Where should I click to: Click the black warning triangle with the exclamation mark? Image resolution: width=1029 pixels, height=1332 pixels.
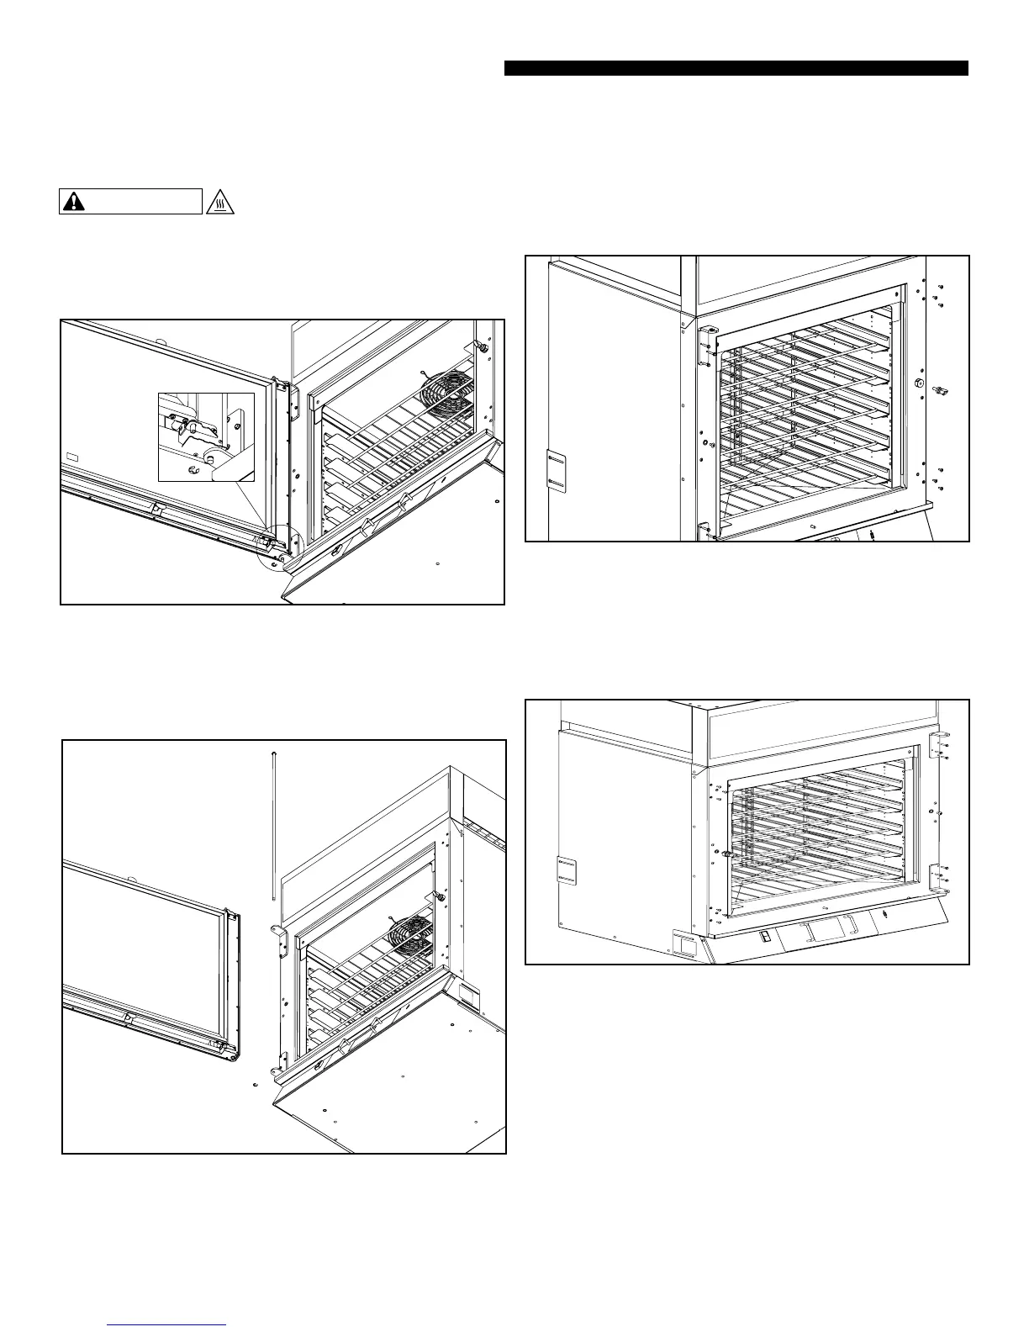(77, 202)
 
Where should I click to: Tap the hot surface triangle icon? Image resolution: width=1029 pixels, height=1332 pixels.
(219, 202)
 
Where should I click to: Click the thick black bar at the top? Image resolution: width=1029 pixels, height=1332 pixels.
(736, 68)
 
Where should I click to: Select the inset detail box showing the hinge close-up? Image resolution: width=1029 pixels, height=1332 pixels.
(206, 436)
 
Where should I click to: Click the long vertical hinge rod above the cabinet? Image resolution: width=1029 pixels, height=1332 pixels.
(275, 825)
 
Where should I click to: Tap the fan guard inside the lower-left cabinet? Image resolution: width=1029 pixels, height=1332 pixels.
(414, 934)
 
